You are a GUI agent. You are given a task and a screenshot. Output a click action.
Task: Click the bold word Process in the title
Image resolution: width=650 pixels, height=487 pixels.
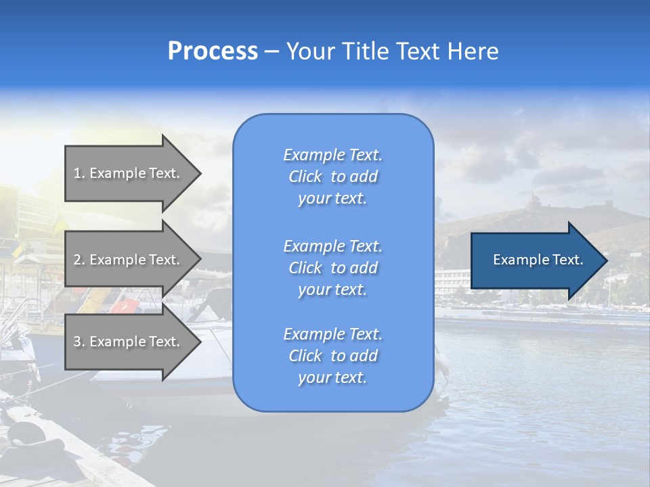(x=213, y=51)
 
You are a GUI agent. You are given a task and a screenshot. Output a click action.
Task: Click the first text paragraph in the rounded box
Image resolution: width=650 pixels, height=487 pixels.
(x=332, y=177)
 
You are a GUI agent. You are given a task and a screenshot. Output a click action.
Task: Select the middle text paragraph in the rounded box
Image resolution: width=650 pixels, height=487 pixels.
(x=332, y=268)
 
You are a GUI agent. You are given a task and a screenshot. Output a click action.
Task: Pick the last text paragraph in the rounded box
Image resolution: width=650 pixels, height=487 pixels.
(x=332, y=356)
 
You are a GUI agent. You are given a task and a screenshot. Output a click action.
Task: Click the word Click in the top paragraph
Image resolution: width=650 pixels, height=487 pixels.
(x=305, y=177)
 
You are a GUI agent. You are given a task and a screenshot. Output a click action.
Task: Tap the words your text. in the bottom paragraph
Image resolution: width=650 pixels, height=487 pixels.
(x=332, y=378)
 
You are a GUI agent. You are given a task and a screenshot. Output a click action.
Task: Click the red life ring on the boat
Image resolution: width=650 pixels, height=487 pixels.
(x=123, y=306)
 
